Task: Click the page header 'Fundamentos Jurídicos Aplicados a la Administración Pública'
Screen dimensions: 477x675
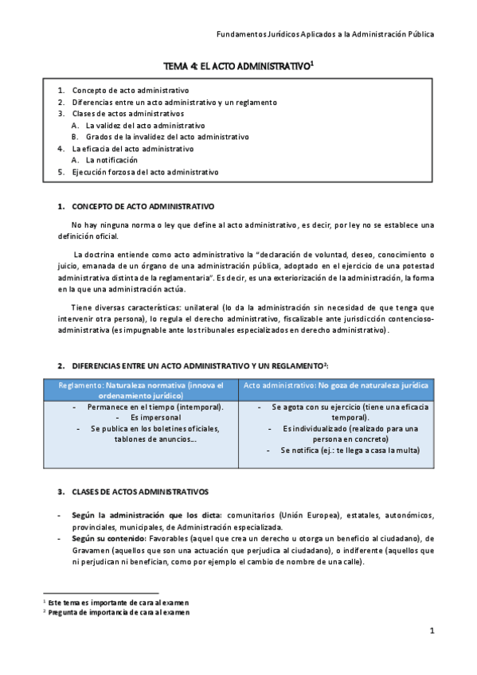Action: click(x=326, y=34)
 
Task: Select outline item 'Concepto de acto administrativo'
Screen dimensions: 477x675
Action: click(x=130, y=90)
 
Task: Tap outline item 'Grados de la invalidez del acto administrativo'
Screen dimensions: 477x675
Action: click(x=167, y=137)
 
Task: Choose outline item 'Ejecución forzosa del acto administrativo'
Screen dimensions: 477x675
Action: click(x=145, y=172)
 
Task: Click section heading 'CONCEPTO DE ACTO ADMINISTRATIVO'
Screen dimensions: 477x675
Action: click(x=143, y=206)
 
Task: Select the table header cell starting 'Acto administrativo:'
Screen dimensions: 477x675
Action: click(x=336, y=385)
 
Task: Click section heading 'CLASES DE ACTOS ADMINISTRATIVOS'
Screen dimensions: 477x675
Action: click(x=140, y=492)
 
